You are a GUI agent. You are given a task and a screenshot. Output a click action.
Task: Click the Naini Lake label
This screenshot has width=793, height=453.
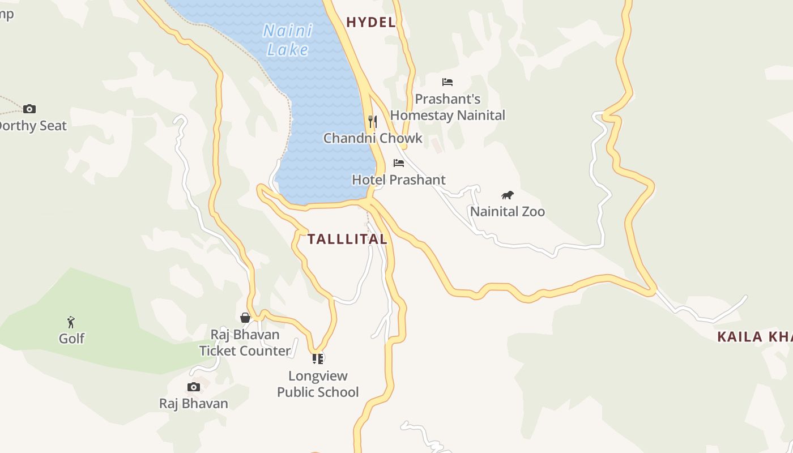click(287, 40)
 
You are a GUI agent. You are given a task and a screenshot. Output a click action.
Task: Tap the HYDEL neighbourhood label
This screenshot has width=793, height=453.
click(371, 22)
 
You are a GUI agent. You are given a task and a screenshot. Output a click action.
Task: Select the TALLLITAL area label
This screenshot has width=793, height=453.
click(347, 239)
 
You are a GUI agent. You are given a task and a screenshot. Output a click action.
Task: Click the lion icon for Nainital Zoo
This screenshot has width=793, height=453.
click(508, 195)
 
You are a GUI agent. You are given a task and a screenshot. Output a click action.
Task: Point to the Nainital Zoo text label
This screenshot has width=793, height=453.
click(508, 212)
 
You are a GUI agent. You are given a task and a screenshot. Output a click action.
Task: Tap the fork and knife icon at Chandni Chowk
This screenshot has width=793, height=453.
click(373, 122)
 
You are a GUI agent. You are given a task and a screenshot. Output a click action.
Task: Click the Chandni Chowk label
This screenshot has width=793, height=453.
click(373, 138)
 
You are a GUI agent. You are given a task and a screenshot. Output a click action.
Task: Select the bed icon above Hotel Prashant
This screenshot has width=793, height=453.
click(399, 164)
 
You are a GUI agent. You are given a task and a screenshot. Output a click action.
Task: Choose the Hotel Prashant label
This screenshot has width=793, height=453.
click(399, 180)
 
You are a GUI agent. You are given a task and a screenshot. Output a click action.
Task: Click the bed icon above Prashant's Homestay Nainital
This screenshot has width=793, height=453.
click(447, 82)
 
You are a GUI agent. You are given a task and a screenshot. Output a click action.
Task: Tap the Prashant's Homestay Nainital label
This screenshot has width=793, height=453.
click(447, 107)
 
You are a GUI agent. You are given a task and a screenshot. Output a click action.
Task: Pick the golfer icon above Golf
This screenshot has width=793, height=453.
click(71, 322)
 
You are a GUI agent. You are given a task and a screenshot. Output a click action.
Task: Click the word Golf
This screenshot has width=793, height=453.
click(71, 339)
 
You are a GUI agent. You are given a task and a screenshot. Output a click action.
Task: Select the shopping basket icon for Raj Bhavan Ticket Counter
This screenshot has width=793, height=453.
click(245, 318)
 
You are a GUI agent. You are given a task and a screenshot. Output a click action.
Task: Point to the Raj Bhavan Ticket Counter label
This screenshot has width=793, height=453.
click(245, 343)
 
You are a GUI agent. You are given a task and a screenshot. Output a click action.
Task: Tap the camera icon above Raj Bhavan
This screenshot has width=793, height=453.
click(194, 387)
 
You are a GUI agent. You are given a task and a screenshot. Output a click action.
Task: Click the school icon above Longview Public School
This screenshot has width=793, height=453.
click(318, 359)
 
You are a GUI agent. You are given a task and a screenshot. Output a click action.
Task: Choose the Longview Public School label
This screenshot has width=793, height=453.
click(318, 384)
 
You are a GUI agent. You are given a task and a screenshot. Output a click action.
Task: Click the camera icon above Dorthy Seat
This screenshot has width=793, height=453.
click(29, 109)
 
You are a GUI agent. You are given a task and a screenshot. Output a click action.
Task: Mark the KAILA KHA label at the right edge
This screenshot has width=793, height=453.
click(754, 337)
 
